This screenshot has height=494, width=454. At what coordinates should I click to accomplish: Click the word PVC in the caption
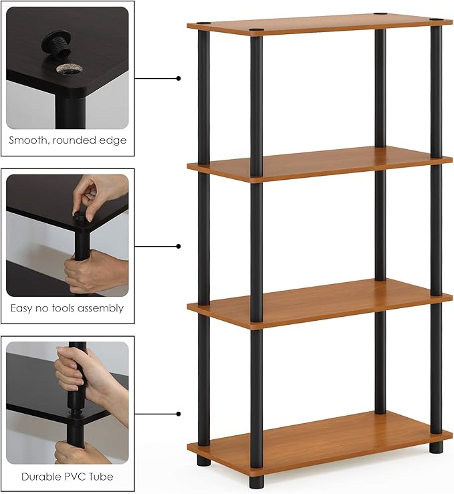(x=76, y=477)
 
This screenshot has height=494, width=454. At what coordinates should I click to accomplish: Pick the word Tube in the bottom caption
(x=101, y=477)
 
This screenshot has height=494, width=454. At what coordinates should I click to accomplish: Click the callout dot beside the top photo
(x=179, y=78)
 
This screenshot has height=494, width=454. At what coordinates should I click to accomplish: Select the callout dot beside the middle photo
(x=179, y=246)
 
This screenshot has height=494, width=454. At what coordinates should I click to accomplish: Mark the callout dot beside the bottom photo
(x=179, y=414)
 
